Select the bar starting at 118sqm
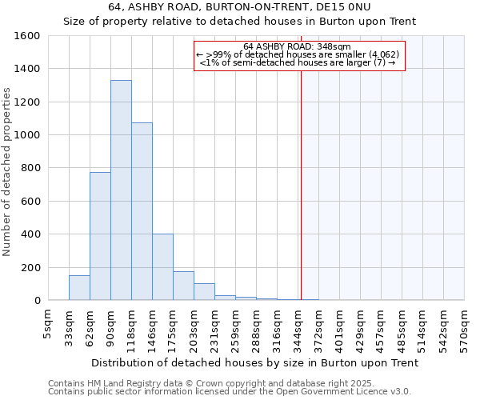click(142, 211)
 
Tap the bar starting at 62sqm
click(100, 236)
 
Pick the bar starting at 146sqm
click(162, 267)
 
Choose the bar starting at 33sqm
click(79, 288)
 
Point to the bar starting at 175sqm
click(183, 286)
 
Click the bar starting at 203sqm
click(204, 292)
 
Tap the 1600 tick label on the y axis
click(27, 36)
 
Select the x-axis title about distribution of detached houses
click(255, 363)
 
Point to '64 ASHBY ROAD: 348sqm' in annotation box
click(299, 46)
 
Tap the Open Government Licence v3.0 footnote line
click(230, 392)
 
